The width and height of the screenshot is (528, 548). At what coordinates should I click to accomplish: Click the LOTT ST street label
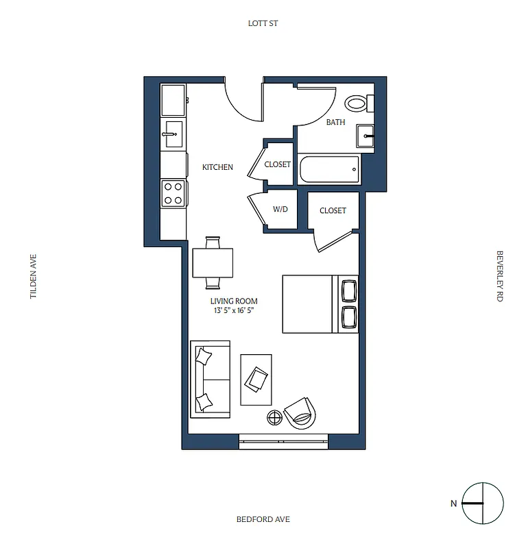[x=263, y=23]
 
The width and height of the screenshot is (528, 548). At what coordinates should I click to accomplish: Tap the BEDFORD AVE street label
[x=263, y=519]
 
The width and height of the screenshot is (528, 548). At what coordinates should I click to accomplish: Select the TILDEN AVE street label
[x=32, y=277]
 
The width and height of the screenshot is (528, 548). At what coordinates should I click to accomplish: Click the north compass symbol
[x=483, y=503]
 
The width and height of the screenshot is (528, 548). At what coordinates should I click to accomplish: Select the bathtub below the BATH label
[x=330, y=169]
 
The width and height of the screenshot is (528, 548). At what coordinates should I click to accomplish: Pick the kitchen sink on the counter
[x=172, y=134]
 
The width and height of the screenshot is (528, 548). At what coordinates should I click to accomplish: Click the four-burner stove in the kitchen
[x=173, y=192]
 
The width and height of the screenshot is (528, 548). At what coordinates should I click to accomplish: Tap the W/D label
[x=280, y=210]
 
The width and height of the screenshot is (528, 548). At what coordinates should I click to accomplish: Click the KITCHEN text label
[x=217, y=167]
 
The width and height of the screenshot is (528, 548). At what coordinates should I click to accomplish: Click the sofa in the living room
[x=209, y=378]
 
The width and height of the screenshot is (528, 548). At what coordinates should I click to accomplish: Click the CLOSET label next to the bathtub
[x=278, y=164]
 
